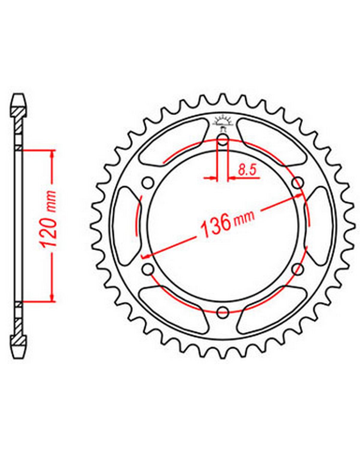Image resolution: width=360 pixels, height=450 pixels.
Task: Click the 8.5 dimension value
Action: (247, 170)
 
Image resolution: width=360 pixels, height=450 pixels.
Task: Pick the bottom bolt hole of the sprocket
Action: (223, 312)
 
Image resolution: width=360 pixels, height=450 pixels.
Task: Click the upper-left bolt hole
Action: (148, 183)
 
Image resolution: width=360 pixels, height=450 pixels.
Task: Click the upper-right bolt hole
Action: (298, 183)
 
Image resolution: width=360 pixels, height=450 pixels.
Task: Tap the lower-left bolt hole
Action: (148, 269)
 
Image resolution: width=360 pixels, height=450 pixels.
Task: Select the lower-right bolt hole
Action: (298, 269)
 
